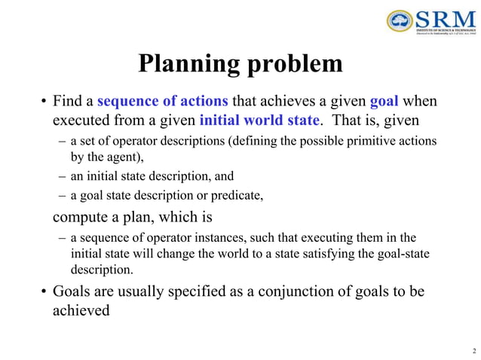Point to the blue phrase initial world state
coord(259,121)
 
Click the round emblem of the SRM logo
coord(399,21)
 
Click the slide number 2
coord(473,350)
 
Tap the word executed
coord(79,121)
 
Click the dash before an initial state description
coord(61,176)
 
